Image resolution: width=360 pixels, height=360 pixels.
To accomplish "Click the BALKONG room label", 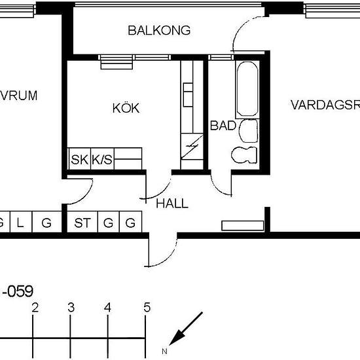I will coord(159,30).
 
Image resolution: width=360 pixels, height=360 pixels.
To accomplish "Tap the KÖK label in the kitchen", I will coord(126,109).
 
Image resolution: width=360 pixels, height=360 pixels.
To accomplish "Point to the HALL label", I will coord(172,204).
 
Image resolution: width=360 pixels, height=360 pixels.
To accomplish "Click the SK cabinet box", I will coord(79,159).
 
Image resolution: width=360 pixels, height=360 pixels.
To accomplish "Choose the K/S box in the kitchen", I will coord(101,159).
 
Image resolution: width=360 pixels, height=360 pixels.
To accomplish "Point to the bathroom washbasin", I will coord(249,131).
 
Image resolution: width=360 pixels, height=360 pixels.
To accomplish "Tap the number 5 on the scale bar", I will coord(147,308).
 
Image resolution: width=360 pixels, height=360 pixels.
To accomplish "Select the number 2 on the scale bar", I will coord(35,308).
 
